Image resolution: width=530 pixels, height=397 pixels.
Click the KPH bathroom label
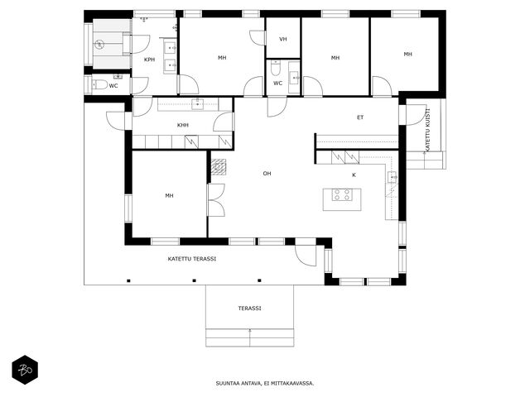click(149, 60)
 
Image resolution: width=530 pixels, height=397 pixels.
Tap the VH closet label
click(283, 39)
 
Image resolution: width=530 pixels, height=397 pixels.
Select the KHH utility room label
click(183, 125)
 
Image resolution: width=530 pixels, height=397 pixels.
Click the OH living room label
click(267, 174)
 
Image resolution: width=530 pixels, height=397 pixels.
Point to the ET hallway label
click(360, 117)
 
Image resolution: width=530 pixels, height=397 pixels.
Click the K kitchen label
click(354, 175)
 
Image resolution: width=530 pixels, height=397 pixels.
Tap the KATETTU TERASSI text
click(192, 259)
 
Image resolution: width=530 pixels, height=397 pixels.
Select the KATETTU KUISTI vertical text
click(427, 129)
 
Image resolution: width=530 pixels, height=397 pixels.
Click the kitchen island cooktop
click(341, 195)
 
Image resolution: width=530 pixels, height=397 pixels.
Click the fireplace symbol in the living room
click(219, 167)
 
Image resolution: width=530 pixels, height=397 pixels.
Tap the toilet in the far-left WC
click(99, 84)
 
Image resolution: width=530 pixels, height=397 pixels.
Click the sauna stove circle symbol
click(99, 44)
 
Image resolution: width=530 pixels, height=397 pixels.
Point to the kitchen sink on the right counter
click(393, 177)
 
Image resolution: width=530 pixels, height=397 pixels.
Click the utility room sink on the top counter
click(198, 104)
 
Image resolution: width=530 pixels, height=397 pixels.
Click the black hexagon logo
click(25, 370)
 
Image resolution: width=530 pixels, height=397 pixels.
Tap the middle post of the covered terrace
click(194, 280)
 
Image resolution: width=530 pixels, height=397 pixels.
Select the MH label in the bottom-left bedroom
click(169, 195)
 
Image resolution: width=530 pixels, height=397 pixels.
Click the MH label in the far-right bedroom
click(408, 54)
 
